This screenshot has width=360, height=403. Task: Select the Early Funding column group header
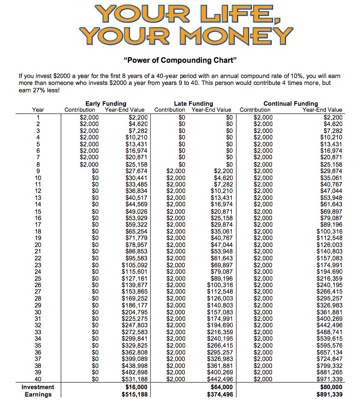point(106,103)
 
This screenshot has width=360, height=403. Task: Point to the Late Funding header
point(193,103)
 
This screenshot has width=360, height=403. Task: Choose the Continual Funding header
point(290,103)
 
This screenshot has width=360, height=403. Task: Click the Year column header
point(38,110)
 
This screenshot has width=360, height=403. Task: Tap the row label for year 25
point(38,279)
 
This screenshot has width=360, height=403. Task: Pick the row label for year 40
point(38,379)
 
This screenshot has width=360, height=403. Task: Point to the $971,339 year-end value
point(329,379)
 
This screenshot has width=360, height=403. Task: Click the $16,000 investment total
point(136,387)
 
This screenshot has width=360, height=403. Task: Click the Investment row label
point(38,387)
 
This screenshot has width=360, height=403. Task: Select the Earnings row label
point(38,395)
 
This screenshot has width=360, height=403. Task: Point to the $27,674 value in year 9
point(136,171)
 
